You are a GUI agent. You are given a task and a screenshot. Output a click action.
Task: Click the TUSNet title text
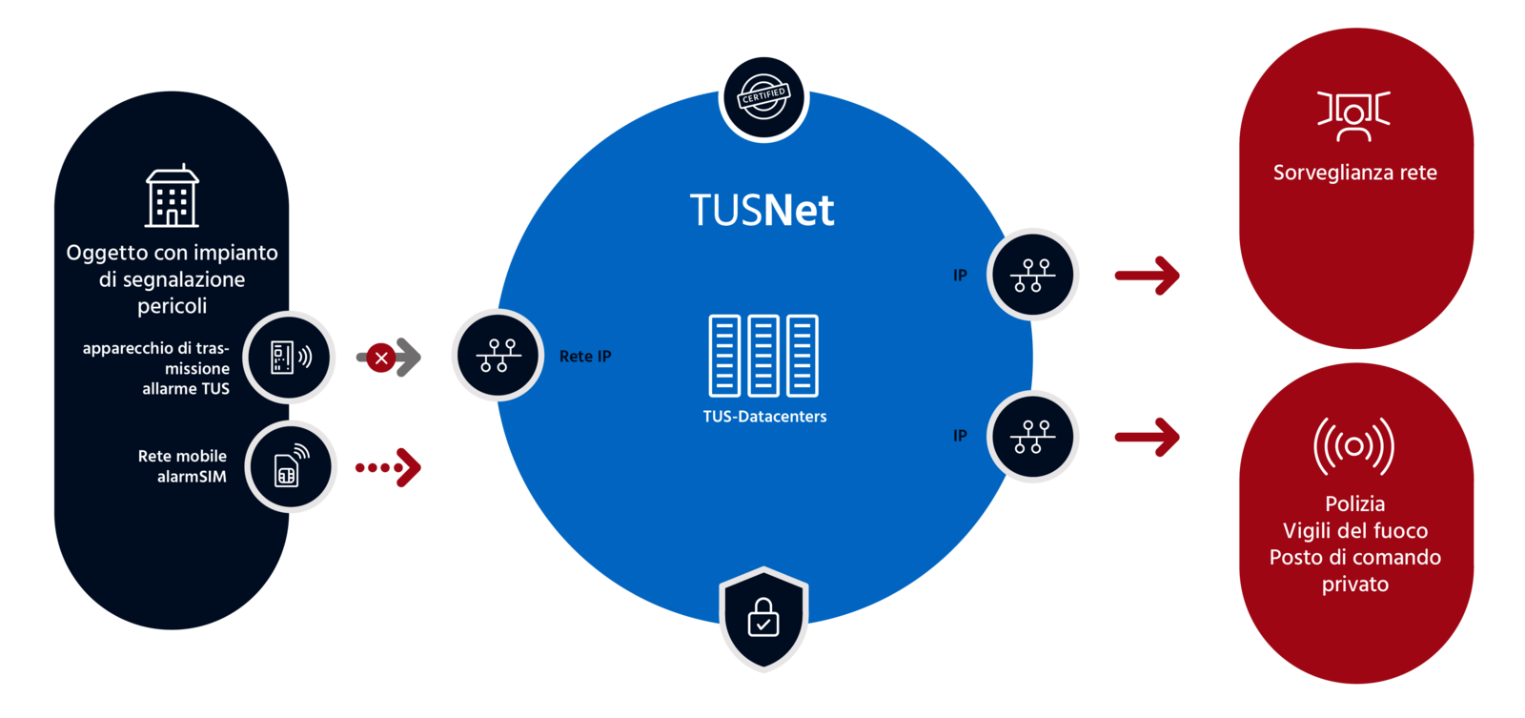(x=762, y=211)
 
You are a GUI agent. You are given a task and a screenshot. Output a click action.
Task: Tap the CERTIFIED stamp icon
(x=763, y=96)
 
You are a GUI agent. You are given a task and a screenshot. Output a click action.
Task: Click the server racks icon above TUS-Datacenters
(x=763, y=356)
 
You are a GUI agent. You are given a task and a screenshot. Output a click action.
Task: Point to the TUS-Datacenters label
(x=764, y=417)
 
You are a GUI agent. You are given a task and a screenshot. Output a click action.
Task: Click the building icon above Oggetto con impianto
(x=172, y=196)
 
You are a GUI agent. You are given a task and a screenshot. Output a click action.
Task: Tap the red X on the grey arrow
(x=381, y=359)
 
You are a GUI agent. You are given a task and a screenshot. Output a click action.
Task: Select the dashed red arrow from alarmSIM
(x=389, y=467)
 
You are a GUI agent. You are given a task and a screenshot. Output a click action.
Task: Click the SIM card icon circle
(x=291, y=466)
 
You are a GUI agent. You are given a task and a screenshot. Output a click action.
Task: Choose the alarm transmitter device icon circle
(x=290, y=358)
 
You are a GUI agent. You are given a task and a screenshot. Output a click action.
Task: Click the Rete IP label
(x=585, y=357)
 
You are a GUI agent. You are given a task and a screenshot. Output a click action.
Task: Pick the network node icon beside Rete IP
(x=498, y=356)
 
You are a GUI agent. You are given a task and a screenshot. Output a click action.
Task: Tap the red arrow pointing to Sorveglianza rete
(x=1148, y=277)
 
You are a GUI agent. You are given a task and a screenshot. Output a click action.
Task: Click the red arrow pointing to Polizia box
(x=1148, y=438)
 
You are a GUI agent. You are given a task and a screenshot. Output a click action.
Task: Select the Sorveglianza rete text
(x=1354, y=174)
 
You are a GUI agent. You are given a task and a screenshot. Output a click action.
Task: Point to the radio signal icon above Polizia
(x=1353, y=445)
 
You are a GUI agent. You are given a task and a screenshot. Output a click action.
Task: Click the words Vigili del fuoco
(x=1354, y=531)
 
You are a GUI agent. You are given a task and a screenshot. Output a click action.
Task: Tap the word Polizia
(x=1354, y=504)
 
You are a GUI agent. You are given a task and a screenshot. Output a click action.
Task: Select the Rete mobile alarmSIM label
(x=182, y=466)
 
